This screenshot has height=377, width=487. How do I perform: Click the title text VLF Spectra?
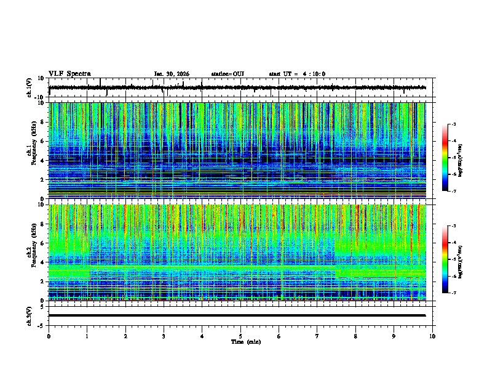coord(69,74)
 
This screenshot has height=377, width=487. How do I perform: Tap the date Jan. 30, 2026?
coord(172,74)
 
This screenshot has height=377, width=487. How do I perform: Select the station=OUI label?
coord(228,74)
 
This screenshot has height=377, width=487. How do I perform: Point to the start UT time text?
coord(297,74)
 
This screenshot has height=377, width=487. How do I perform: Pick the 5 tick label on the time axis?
coord(240,336)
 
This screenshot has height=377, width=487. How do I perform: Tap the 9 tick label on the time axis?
coord(394,336)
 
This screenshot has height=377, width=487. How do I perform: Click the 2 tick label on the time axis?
coord(125,336)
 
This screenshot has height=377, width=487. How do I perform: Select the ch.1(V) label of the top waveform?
coord(30,88)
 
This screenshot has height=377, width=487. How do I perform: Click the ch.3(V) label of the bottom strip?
coord(30,315)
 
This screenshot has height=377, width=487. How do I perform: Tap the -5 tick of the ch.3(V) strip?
coord(41,324)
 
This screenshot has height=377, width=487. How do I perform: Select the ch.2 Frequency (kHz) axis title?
coord(31,253)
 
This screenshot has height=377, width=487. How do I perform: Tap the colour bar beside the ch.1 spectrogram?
coord(445,158)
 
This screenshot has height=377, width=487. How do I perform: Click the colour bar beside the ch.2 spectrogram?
coord(445,259)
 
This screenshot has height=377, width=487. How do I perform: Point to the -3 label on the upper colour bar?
coord(454,124)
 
